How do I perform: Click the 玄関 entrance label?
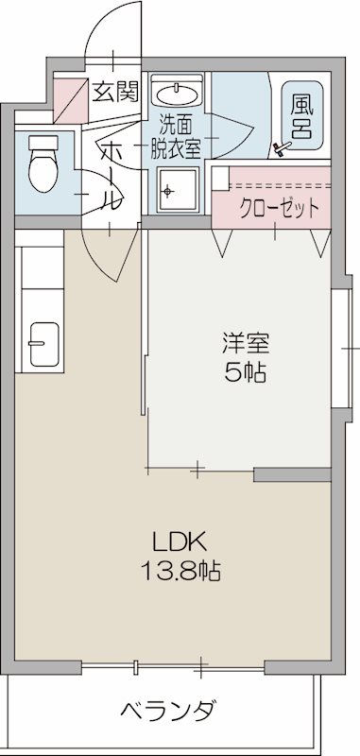(x=113, y=92)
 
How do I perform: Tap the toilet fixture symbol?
(x=43, y=163)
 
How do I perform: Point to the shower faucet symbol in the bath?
(x=281, y=147)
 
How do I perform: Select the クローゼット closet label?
(x=277, y=208)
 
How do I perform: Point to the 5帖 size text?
(x=244, y=371)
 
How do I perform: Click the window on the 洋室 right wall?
(x=345, y=344)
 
